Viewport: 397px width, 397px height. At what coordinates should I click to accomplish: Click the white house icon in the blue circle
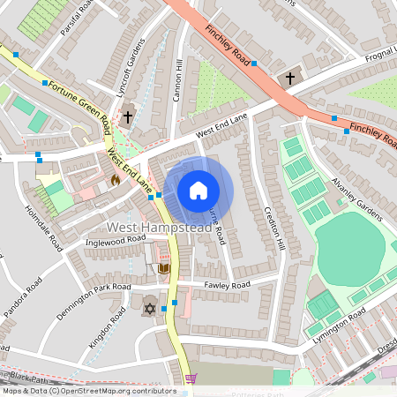[198, 190]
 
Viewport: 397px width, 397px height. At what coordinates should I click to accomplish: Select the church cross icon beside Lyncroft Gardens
[128, 116]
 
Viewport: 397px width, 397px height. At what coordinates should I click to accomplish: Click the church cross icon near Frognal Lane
[290, 79]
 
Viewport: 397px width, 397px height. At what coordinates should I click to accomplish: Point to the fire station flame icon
[115, 180]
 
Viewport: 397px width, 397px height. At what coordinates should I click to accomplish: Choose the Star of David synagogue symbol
[149, 308]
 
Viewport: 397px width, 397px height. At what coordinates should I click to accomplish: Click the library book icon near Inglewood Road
[163, 267]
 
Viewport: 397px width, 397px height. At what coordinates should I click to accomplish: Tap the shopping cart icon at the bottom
[191, 379]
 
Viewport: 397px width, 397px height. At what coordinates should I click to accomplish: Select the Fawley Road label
[227, 284]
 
